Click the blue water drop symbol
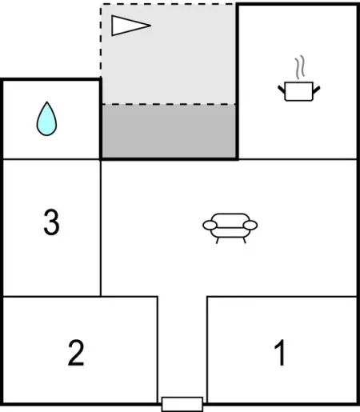tap(46, 119)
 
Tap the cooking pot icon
tap(298, 91)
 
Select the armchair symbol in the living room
tap(230, 228)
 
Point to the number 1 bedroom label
tap(281, 353)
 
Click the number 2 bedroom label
tap(76, 353)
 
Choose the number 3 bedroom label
tap(51, 222)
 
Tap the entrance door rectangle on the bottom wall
tap(182, 404)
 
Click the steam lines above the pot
tap(300, 67)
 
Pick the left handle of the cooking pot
tap(282, 90)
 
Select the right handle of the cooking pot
tap(316, 90)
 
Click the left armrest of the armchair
tap(210, 226)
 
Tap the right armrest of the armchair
tap(250, 226)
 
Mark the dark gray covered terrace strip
tap(169, 131)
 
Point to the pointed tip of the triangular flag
tap(151, 26)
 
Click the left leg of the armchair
tap(218, 240)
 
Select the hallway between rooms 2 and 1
tap(182, 346)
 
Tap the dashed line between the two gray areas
tap(169, 104)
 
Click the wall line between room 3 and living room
tap(101, 227)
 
